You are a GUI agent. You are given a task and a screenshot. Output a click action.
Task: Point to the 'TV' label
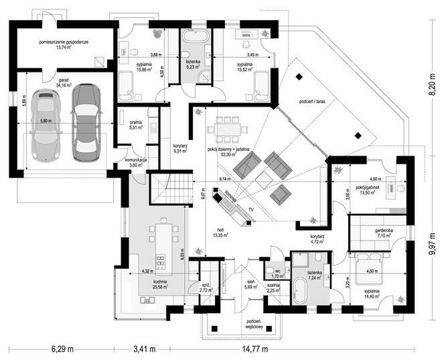pyautogui.click(x=251, y=210)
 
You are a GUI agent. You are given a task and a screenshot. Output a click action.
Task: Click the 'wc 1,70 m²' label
pyautogui.click(x=276, y=274)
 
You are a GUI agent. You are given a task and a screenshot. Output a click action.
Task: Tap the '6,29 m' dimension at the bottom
pyautogui.click(x=62, y=349)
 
